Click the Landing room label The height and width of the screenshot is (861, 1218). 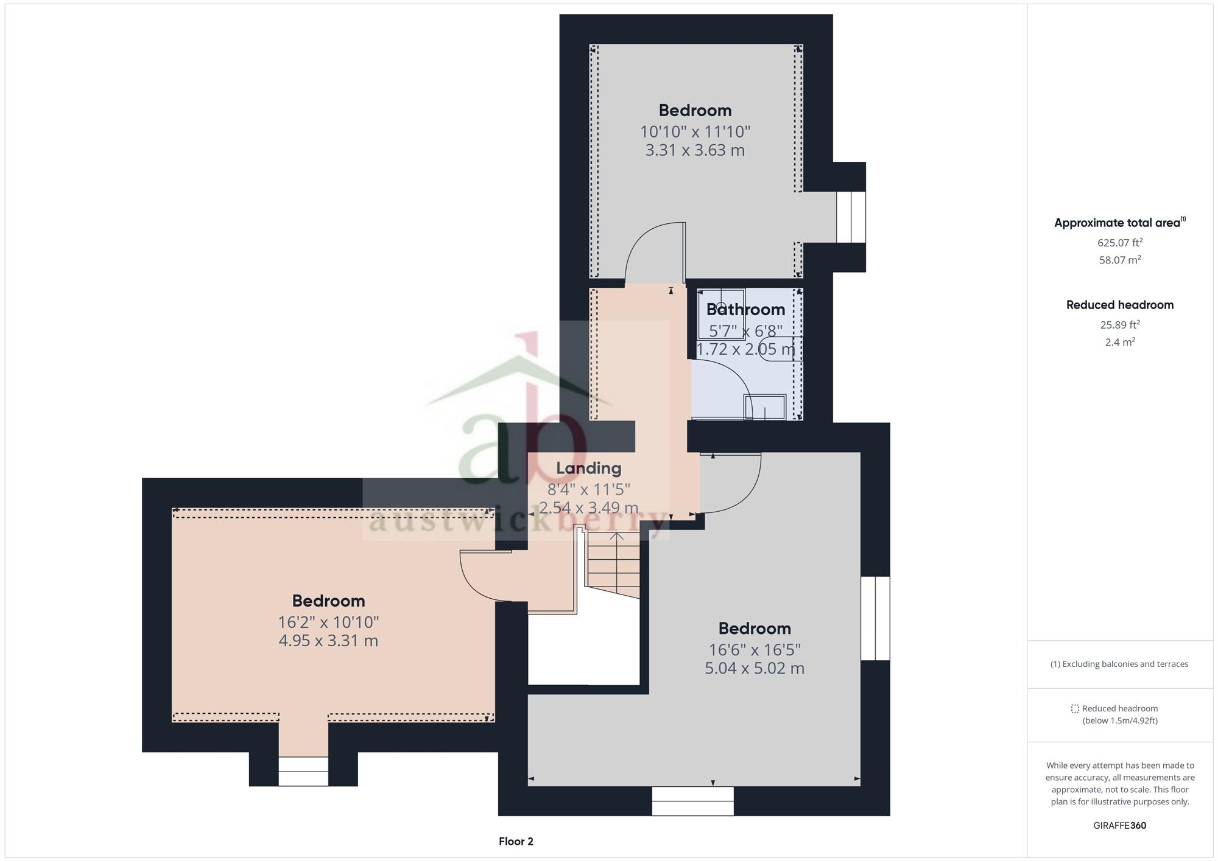[588, 468]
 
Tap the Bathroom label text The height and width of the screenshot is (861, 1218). [745, 309]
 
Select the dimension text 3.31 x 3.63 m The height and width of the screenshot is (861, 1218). [695, 150]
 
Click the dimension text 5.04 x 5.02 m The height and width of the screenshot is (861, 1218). [755, 668]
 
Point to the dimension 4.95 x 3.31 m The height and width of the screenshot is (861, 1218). [328, 641]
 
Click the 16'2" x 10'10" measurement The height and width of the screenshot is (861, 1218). [328, 622]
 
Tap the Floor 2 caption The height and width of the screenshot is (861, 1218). [516, 842]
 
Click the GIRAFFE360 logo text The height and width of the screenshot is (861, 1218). [1120, 826]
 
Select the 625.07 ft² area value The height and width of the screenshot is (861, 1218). [1120, 242]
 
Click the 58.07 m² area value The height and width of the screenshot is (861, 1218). [1120, 260]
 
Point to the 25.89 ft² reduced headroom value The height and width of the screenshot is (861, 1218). [1120, 324]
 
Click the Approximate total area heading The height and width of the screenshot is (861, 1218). [1119, 223]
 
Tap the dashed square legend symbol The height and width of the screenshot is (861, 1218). [1075, 709]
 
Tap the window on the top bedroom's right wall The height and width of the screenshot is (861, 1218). [851, 217]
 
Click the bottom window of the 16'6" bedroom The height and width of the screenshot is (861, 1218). [692, 801]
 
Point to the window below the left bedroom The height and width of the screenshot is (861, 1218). [303, 771]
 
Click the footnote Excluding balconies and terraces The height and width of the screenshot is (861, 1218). [1119, 664]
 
